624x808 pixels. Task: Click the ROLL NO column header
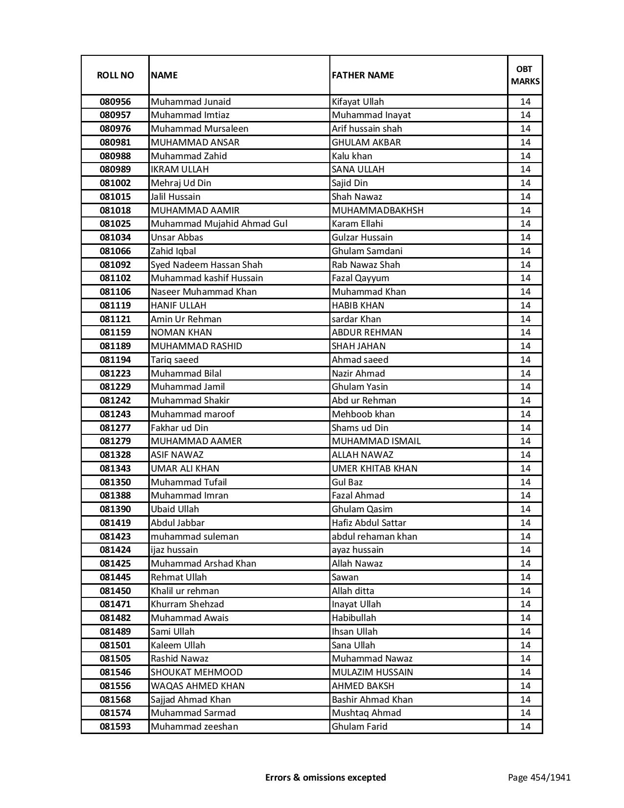click(x=115, y=75)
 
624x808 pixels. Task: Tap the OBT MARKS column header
click(x=525, y=75)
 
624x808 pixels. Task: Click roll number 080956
click(x=115, y=102)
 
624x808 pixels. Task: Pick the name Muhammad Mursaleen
click(x=200, y=129)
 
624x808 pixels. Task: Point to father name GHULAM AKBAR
click(x=366, y=143)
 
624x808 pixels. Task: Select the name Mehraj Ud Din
click(x=181, y=183)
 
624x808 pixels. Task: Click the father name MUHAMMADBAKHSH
click(x=377, y=211)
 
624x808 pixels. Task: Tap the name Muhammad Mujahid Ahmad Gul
click(x=219, y=224)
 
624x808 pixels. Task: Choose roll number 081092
click(x=115, y=265)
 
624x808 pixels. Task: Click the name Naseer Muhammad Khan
click(x=204, y=292)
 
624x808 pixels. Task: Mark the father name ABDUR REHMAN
click(x=367, y=333)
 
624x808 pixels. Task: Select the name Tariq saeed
click(x=175, y=360)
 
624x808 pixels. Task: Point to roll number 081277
click(x=115, y=428)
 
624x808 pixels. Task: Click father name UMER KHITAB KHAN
click(x=374, y=469)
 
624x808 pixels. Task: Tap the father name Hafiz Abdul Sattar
click(x=369, y=523)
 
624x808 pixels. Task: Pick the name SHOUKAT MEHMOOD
click(x=197, y=672)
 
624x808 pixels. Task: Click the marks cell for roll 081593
click(x=525, y=727)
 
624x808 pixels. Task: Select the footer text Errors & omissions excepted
click(x=325, y=778)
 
